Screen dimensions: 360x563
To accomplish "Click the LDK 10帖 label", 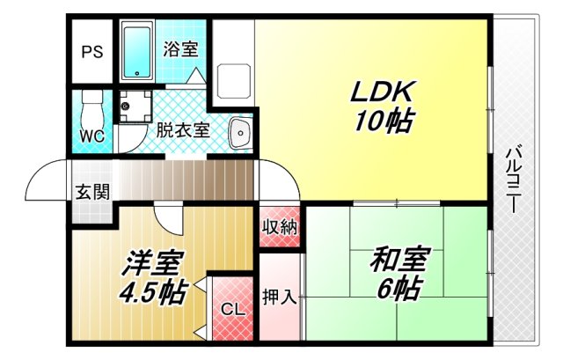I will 383,106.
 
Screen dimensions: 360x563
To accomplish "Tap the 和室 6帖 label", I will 399,274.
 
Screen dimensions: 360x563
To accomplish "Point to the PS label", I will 92,51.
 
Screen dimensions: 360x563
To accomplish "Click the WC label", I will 92,136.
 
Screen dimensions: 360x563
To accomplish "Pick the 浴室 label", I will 180,50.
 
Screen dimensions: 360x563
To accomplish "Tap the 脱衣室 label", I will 183,130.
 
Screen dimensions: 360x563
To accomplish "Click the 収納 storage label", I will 281,226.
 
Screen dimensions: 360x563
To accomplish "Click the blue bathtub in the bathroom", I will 136,53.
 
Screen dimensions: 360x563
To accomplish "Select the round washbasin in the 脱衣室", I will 238,134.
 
